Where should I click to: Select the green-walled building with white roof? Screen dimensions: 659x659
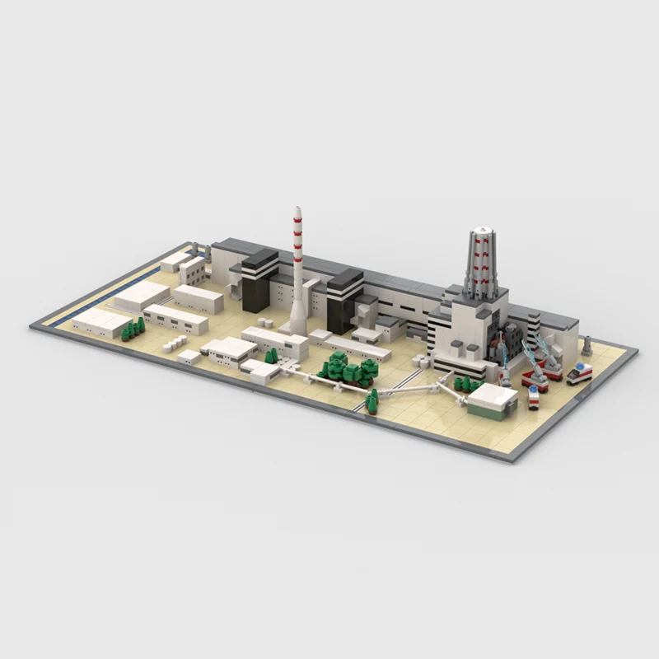pos(492,401)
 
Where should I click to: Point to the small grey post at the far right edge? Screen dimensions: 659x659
pos(587,344)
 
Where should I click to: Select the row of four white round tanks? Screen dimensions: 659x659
pos(175,341)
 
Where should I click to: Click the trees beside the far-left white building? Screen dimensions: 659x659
pos(133,329)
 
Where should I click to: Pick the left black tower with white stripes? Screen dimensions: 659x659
pos(259,281)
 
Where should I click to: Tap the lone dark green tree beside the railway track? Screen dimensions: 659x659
pos(372,401)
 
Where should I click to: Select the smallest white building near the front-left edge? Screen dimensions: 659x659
pos(189,357)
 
